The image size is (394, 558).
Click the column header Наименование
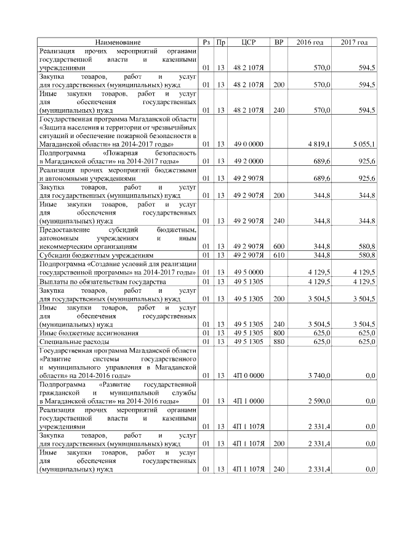(x=118, y=42)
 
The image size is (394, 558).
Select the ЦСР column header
(x=248, y=42)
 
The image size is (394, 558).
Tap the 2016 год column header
(x=310, y=42)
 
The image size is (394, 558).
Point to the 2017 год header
(x=354, y=42)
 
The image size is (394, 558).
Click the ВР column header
(x=279, y=42)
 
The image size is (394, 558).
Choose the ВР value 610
(x=279, y=254)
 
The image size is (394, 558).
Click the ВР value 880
(x=279, y=341)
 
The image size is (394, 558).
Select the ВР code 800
(x=279, y=332)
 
